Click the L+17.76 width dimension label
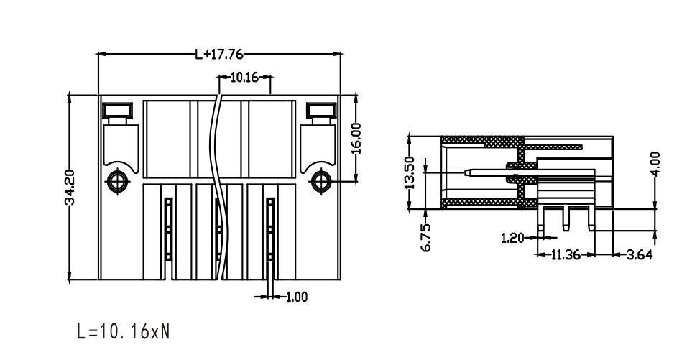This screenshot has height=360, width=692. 219,55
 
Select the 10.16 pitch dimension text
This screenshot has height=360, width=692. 244,78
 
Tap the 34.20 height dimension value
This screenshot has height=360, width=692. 70,187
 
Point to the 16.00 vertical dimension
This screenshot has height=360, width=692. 356,138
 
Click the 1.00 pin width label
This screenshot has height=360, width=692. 297,297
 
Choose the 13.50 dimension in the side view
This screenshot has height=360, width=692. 410,172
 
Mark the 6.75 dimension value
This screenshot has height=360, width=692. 426,238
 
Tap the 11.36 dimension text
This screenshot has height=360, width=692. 566,254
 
